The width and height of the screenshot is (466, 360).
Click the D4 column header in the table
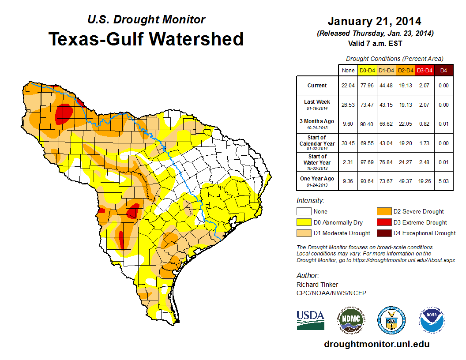point(444,70)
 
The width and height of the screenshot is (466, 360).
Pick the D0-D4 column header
point(367,70)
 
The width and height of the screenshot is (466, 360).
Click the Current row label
point(317,86)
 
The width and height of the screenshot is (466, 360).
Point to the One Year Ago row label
point(317,179)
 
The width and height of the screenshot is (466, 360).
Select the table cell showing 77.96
point(367,86)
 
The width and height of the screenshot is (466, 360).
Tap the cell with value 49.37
point(406,179)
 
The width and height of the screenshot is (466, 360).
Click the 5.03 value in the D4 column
point(444,179)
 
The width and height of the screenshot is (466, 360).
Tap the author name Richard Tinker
point(317,285)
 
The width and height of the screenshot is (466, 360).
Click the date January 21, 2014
point(374,21)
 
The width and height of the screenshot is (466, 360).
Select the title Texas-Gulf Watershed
point(146,39)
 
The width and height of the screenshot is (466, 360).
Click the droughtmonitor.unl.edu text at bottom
point(376,344)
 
